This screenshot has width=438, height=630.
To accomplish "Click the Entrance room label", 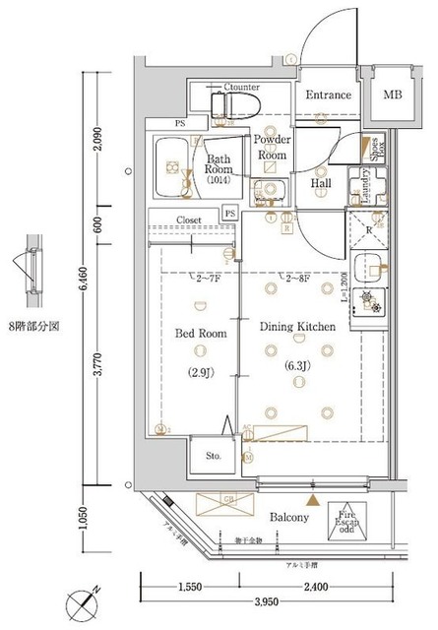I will click(x=329, y=95).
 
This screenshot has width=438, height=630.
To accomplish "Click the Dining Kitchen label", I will click(x=298, y=326).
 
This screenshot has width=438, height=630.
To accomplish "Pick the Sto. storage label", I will click(x=214, y=457).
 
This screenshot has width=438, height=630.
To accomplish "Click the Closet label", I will click(x=190, y=219).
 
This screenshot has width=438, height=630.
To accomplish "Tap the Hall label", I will click(x=322, y=183).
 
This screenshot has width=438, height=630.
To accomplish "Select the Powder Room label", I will click(x=273, y=148).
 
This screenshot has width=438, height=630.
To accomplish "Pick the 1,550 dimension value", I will click(x=192, y=587).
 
